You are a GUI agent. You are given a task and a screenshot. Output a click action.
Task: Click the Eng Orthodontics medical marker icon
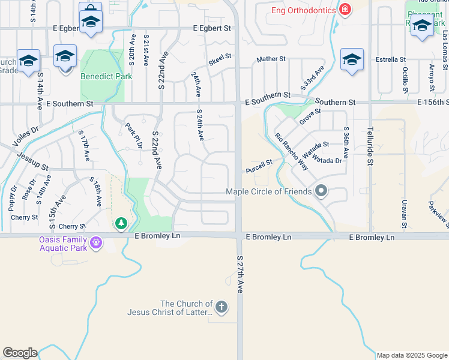pyautogui.click(x=345, y=9)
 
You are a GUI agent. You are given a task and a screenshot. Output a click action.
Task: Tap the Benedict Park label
pyautogui.click(x=106, y=76)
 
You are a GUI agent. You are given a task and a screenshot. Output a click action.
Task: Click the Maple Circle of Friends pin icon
pyautogui.click(x=321, y=191)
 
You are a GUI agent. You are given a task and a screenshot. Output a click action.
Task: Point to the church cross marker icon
pyautogui.click(x=221, y=308)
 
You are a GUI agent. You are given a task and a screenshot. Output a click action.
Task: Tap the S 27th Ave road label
pyautogui.click(x=240, y=275)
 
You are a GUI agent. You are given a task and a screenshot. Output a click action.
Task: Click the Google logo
pyautogui.click(x=20, y=353)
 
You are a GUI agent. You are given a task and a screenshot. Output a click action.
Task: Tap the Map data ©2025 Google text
pyautogui.click(x=412, y=355)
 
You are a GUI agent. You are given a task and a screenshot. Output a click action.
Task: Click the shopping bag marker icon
pyautogui.click(x=90, y=10)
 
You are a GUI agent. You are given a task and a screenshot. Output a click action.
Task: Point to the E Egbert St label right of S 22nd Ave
pyautogui.click(x=212, y=28)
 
